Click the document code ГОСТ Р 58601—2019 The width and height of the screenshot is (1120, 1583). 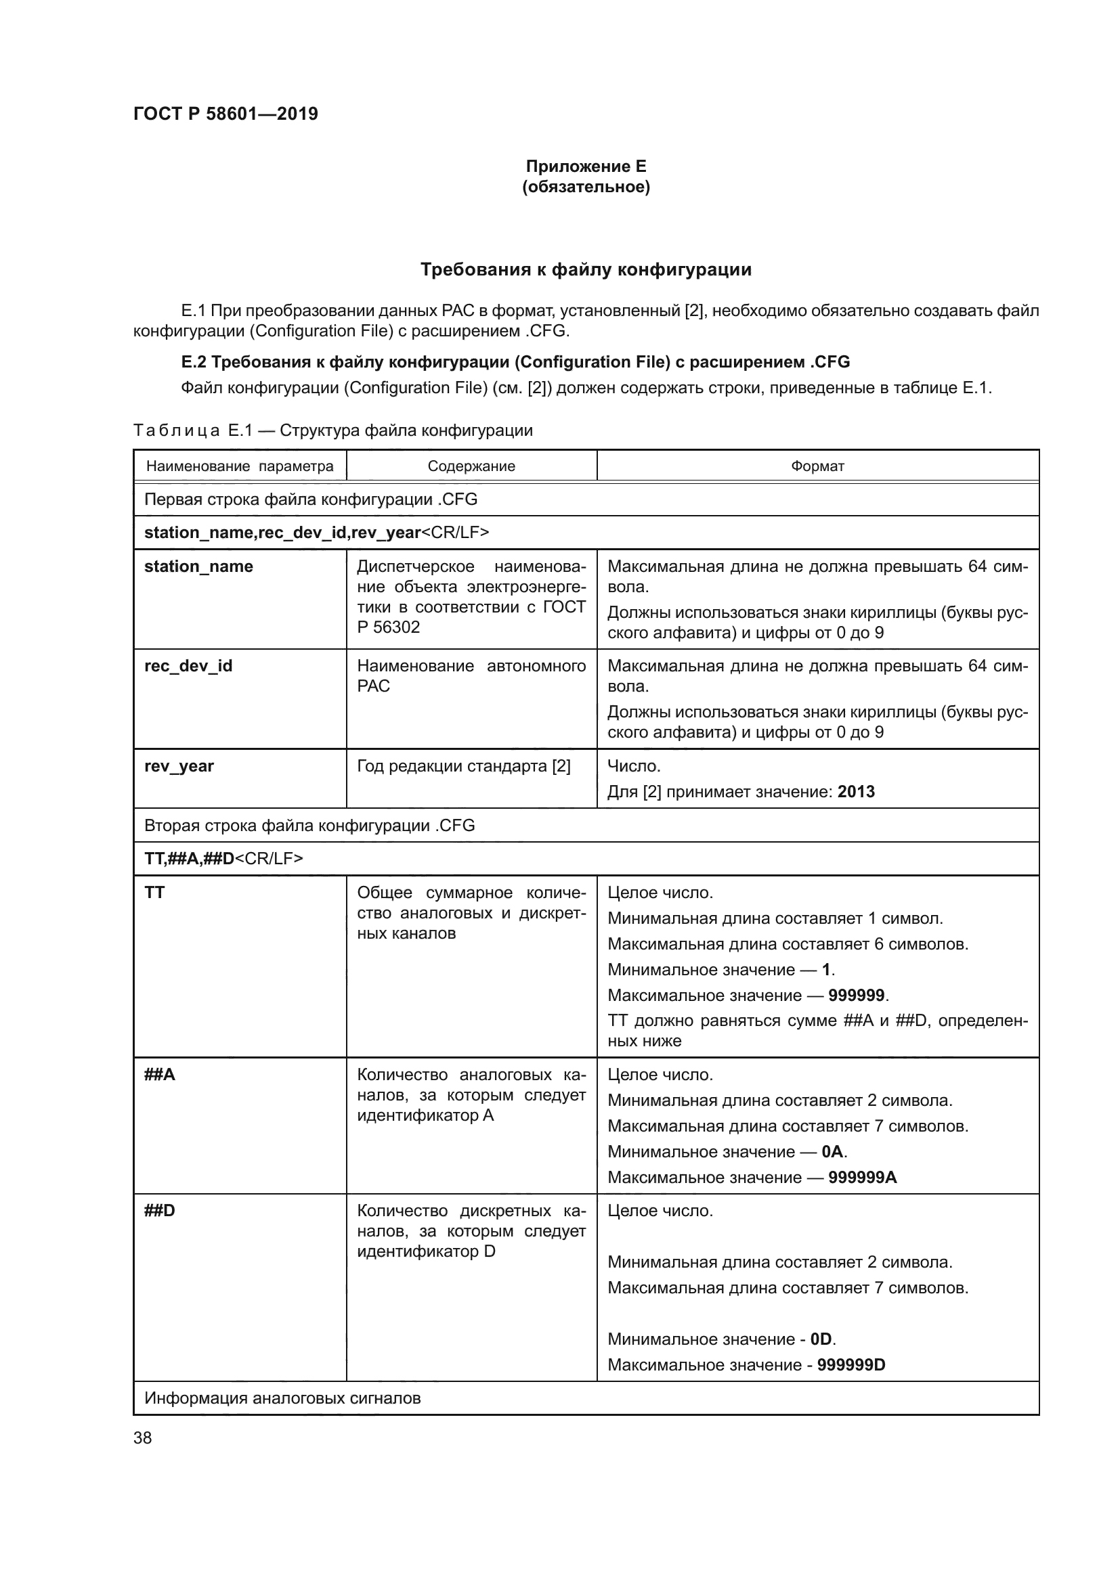tap(225, 114)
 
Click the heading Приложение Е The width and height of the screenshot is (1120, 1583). tap(586, 166)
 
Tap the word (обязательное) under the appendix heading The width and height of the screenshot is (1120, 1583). tap(586, 187)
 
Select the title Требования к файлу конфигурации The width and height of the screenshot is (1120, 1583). tap(586, 269)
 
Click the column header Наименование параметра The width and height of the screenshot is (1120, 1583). tap(239, 466)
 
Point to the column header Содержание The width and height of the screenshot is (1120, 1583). tap(471, 466)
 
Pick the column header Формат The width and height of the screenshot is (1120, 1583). tap(817, 466)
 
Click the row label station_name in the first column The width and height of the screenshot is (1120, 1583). tap(198, 566)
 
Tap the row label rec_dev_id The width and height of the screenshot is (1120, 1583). tap(188, 666)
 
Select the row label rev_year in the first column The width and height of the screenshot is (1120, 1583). tap(179, 766)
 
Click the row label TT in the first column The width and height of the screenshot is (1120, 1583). tap(154, 893)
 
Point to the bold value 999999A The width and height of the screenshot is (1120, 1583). tap(862, 1177)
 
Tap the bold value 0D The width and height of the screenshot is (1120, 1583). tap(821, 1339)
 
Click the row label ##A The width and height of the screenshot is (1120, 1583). tap(159, 1075)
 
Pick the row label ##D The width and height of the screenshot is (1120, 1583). tap(159, 1211)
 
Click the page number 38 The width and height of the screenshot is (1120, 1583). tap(143, 1437)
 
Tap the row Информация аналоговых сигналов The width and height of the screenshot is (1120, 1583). tap(282, 1398)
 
